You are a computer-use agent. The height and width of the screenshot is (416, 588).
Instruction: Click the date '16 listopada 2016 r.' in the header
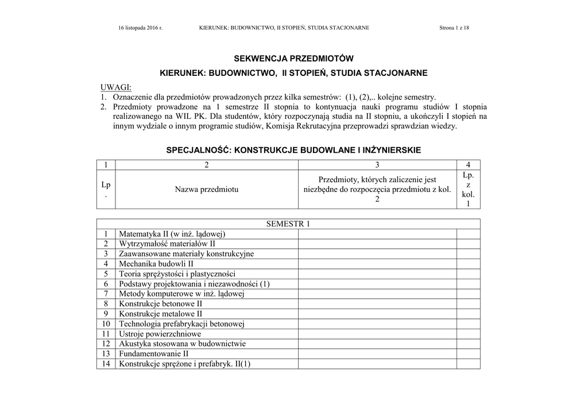coord(140,28)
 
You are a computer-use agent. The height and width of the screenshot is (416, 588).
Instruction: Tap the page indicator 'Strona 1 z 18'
coord(454,28)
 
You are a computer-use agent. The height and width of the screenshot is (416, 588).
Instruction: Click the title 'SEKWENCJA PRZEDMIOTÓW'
coord(293,59)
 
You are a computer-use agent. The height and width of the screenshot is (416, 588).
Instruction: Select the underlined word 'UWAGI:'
coord(116,88)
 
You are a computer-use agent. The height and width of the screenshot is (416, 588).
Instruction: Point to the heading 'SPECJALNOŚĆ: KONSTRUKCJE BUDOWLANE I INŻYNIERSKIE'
coord(293,150)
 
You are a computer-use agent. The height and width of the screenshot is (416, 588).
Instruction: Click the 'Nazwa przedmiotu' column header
coord(207,189)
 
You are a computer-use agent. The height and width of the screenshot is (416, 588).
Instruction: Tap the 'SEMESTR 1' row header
coord(288,224)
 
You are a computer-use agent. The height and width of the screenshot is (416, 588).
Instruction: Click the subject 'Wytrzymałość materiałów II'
coord(167,244)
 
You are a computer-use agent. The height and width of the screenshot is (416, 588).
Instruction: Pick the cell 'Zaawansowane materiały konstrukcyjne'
coord(186,254)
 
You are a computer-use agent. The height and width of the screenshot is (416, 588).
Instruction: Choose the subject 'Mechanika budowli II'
coord(156,264)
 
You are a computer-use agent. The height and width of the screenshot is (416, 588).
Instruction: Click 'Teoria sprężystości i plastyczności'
coord(177,274)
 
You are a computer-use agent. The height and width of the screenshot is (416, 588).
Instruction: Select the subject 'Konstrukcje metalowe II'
coord(160,314)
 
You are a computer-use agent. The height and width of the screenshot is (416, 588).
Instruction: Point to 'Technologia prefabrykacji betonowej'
coord(182,324)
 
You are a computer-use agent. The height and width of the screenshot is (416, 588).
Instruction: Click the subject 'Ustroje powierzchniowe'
coord(160,334)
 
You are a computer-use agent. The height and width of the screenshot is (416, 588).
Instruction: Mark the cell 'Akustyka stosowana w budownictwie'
coord(182,344)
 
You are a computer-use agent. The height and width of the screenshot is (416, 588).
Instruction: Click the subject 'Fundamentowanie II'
coord(153,354)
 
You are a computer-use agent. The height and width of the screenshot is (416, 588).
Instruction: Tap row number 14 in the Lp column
coord(106,364)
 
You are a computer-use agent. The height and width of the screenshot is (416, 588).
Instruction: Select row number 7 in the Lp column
coord(106,294)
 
